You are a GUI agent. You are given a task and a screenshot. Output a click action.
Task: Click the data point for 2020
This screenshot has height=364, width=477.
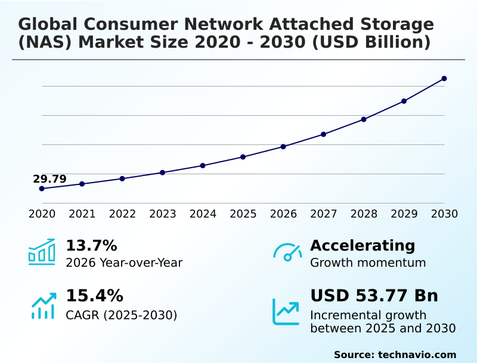(42, 189)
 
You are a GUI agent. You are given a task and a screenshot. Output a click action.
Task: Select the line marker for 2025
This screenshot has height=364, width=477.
(243, 157)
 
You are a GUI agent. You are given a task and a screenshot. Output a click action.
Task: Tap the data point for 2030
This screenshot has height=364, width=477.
(444, 79)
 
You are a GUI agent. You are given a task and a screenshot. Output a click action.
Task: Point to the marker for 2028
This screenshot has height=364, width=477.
(364, 119)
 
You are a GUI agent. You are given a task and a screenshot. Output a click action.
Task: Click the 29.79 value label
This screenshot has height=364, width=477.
(49, 179)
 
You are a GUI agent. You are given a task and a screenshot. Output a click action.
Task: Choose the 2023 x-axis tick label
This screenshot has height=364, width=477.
(163, 214)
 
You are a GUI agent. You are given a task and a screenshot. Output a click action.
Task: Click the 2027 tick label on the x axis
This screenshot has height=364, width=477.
(324, 214)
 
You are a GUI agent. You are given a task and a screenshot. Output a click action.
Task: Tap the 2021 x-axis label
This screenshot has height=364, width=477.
(82, 214)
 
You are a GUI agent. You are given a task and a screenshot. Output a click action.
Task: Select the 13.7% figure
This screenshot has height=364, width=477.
(91, 245)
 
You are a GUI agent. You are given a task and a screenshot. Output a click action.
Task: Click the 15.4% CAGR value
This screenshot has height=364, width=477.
(94, 296)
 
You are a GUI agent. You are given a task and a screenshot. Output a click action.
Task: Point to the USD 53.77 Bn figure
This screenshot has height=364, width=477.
(374, 296)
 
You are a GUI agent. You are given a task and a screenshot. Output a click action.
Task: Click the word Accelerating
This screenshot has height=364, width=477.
(363, 245)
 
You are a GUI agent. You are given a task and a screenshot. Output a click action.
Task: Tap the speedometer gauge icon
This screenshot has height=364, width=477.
(287, 252)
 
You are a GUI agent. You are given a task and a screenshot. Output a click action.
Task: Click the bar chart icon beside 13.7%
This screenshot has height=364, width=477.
(42, 252)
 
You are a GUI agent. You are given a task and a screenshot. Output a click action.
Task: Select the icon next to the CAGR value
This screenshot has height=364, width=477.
(43, 306)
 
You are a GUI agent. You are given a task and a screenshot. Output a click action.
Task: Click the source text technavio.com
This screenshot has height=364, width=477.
(417, 354)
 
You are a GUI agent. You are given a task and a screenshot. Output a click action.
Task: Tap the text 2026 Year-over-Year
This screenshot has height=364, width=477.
(124, 263)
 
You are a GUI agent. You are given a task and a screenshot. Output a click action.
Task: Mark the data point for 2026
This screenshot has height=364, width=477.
(283, 147)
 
